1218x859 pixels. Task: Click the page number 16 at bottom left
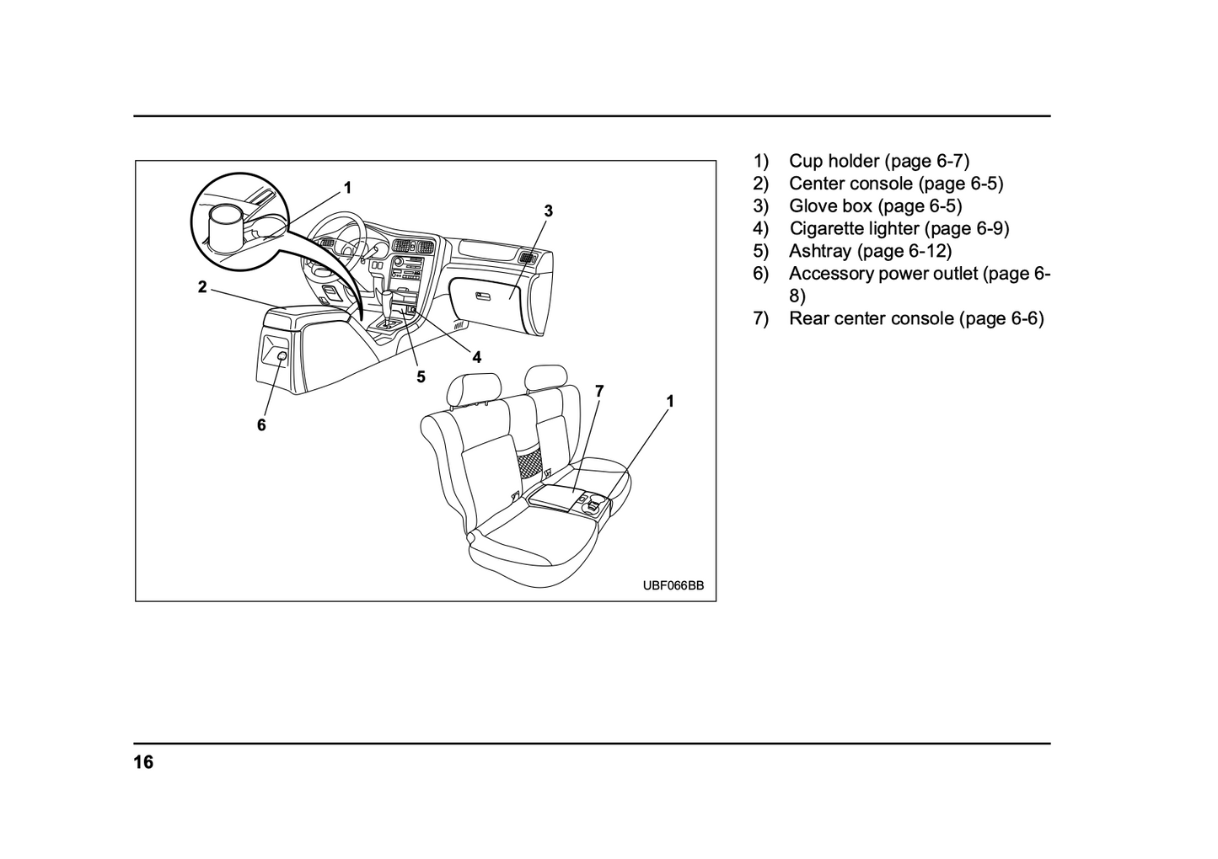pos(143,763)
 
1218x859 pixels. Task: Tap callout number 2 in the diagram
pos(202,287)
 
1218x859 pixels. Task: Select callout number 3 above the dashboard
pos(548,211)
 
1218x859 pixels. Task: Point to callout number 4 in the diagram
pos(477,357)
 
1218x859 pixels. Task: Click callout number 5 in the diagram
pos(421,376)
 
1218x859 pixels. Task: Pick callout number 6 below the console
pos(261,425)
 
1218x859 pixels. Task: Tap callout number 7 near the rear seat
pos(599,391)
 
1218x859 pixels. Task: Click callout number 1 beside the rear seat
pos(670,402)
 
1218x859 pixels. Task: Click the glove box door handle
pos(483,296)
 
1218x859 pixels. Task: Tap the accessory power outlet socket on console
pos(281,358)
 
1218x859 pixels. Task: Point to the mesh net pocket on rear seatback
pos(529,462)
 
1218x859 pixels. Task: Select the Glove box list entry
pos(875,205)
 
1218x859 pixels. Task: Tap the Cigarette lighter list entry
pos(899,228)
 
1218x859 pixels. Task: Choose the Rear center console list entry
pos(915,318)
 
